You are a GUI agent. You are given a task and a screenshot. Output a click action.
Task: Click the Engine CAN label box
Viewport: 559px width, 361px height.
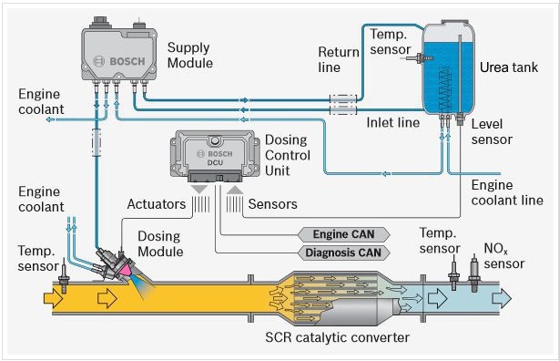click(x=343, y=234)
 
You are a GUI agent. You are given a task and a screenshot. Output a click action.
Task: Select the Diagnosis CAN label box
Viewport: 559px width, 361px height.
click(x=343, y=253)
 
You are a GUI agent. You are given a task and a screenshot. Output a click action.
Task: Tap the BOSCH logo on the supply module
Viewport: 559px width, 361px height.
click(x=120, y=61)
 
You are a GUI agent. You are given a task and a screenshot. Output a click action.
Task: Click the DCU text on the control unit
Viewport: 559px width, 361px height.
click(x=215, y=162)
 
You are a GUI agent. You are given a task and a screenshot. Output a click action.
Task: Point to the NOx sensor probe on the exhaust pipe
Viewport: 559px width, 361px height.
click(x=474, y=273)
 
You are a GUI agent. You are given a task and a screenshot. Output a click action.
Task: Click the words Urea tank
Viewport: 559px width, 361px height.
click(x=509, y=67)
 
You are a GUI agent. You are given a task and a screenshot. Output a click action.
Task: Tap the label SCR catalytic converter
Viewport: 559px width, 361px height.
click(x=337, y=337)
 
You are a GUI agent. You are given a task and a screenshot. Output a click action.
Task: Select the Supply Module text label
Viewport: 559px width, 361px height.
click(x=190, y=56)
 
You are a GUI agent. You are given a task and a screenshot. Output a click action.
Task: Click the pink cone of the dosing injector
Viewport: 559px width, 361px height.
click(x=125, y=270)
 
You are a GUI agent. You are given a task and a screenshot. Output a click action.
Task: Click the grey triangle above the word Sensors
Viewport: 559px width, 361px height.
click(x=235, y=190)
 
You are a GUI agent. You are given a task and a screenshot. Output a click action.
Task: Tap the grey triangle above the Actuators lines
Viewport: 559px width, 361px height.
click(x=199, y=190)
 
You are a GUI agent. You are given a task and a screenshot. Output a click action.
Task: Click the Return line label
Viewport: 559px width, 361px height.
click(x=339, y=59)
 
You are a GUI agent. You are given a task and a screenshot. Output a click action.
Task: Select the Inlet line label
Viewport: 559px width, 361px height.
click(x=393, y=123)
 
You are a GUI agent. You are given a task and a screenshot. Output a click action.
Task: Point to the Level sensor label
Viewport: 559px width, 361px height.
click(x=492, y=132)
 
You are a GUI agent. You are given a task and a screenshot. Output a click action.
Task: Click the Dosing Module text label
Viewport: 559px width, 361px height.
click(x=160, y=244)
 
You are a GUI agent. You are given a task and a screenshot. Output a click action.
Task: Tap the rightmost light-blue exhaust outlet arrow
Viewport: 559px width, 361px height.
click(x=502, y=298)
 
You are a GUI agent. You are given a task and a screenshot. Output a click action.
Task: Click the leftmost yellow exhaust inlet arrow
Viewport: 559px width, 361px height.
click(x=54, y=298)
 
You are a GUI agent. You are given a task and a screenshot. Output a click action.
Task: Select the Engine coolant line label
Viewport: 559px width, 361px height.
click(x=507, y=193)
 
